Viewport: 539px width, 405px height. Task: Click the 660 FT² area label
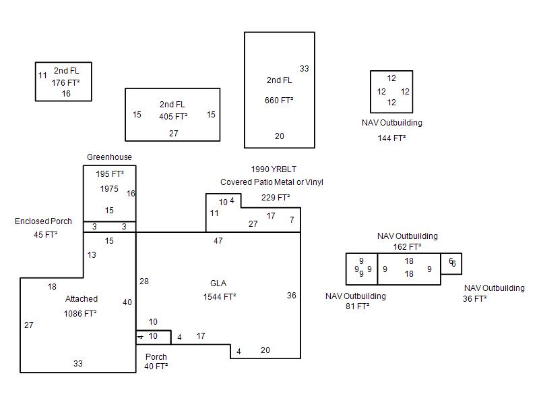point(279,101)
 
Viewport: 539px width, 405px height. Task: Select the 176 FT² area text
point(65,83)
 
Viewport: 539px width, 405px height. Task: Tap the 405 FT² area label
point(173,117)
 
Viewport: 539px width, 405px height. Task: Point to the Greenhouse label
point(109,157)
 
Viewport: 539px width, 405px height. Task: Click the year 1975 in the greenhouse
point(109,189)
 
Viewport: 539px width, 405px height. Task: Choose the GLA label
point(219,283)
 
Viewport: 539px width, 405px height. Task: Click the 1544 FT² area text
point(219,296)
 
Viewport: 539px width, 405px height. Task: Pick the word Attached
point(82,299)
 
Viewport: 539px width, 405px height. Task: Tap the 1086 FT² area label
point(80,313)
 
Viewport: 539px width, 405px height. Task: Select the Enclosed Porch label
point(43,221)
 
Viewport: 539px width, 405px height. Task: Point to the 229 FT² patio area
point(276,198)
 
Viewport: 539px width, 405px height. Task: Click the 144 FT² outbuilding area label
point(391,138)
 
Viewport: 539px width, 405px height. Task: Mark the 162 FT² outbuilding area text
point(407,246)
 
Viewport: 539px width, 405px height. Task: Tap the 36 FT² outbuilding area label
point(474,299)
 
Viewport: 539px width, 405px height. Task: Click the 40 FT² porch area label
point(156,367)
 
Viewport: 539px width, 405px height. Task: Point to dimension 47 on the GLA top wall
point(218,241)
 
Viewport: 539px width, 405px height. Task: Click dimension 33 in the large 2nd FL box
point(305,69)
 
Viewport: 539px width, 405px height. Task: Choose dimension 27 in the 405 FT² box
point(173,134)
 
